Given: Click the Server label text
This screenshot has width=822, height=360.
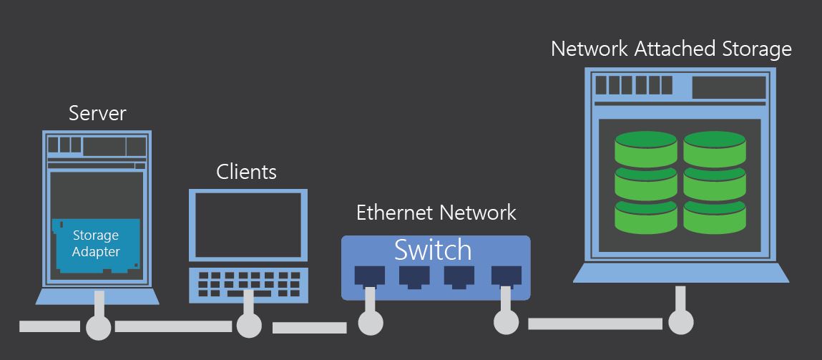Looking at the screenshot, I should pos(97,113).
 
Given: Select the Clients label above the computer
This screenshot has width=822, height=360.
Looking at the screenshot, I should pos(246,172).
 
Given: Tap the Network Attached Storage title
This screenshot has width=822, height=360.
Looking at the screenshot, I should pos(671,49).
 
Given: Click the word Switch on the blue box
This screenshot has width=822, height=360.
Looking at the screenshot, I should pos(433,250).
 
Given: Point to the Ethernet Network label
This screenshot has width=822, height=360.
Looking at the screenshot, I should pos(436,213).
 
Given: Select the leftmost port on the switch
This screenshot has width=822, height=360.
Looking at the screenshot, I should pos(369,276).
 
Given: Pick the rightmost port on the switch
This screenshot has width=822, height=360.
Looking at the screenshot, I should pos(506,276).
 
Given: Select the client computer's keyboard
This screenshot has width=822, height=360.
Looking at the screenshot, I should pos(248,283).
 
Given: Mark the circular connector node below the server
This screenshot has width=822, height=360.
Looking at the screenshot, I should pos(99,328).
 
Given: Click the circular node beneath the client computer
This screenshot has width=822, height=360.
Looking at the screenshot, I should pos(249,325).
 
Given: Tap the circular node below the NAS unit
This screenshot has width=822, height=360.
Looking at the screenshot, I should pos(680,323).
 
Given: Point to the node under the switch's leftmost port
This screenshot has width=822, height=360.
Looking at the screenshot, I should pos(370,323).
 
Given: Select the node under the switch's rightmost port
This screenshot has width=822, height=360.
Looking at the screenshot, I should pos(506,322).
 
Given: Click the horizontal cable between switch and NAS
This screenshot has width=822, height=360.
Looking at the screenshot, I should pos(594,323).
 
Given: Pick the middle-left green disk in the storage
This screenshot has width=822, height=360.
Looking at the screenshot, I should pos(646,183).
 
